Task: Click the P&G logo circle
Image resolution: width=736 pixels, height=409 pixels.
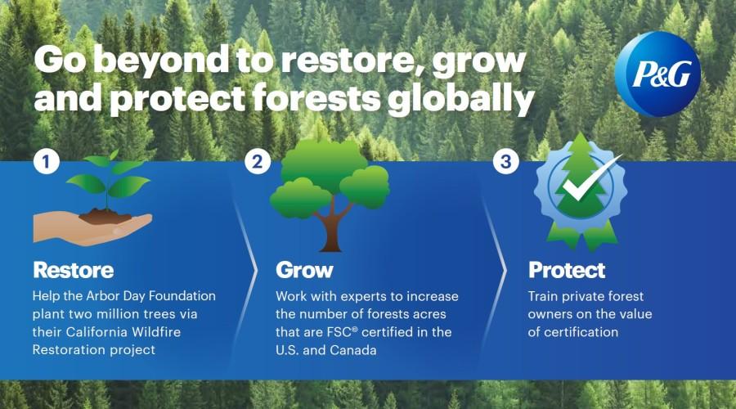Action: pos(657,74)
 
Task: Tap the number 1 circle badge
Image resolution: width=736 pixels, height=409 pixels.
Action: pos(46,162)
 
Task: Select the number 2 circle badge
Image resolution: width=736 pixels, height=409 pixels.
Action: pos(258,162)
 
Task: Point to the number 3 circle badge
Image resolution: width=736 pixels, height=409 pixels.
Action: pos(505,162)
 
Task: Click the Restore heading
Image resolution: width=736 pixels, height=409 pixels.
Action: pos(74,270)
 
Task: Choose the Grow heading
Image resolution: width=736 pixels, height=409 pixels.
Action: pos(304,270)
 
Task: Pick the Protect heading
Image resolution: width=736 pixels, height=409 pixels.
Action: pos(567,270)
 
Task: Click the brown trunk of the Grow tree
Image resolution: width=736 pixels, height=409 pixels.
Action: pos(331,229)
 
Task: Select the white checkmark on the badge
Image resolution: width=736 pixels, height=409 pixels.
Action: pos(590,180)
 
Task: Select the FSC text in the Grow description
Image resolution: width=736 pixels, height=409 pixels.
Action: pos(339,332)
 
